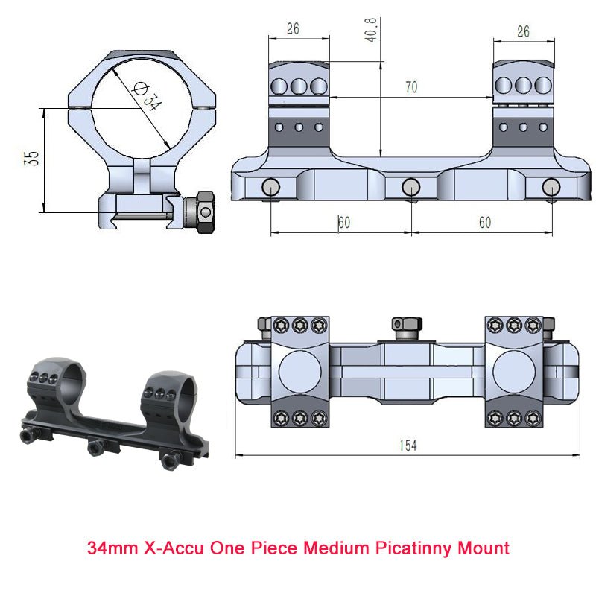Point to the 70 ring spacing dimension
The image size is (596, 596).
(410, 87)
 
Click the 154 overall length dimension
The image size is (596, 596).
(407, 446)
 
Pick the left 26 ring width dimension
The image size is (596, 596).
(292, 29)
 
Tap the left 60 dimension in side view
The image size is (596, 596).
(343, 223)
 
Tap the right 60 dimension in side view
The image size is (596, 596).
(484, 223)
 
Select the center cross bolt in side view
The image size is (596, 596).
(410, 186)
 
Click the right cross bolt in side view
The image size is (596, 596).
(551, 186)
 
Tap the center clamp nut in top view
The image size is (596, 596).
(406, 325)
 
